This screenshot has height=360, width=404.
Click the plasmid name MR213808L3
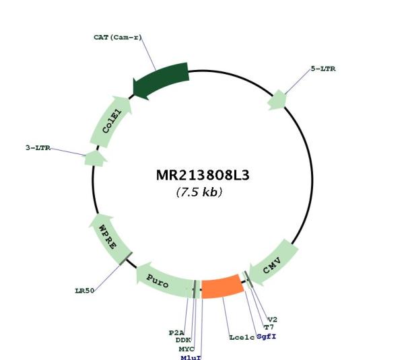(x=203, y=176)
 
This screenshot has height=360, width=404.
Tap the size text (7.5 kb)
(x=199, y=192)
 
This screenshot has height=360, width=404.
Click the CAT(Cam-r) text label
(x=118, y=37)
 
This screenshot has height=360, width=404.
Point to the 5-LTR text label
(x=323, y=69)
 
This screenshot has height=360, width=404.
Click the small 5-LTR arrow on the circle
(x=277, y=100)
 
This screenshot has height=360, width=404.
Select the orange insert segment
(x=222, y=287)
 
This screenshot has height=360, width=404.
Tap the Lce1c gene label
(x=242, y=337)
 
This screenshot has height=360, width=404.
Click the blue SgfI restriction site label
(x=267, y=336)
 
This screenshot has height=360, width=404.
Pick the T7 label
(x=269, y=327)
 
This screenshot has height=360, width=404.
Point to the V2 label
(x=273, y=320)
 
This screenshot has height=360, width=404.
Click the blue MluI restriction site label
(x=191, y=357)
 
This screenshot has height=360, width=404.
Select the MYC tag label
(x=187, y=349)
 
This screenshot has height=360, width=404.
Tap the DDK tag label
(x=183, y=340)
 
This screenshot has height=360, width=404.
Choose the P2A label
(x=176, y=332)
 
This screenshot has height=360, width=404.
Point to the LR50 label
(x=85, y=291)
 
